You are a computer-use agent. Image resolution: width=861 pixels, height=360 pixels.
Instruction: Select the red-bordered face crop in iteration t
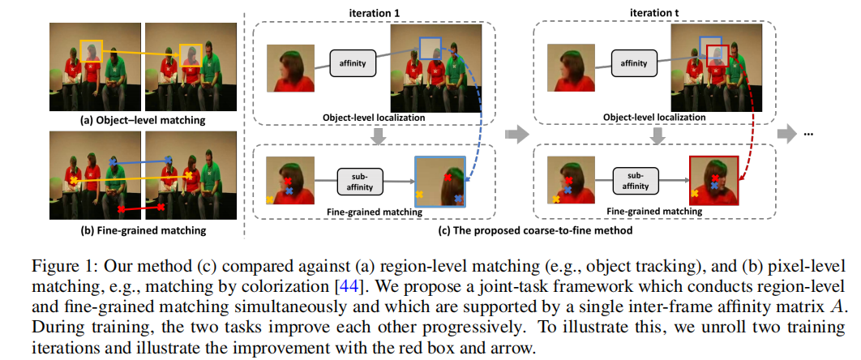pyautogui.click(x=713, y=183)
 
